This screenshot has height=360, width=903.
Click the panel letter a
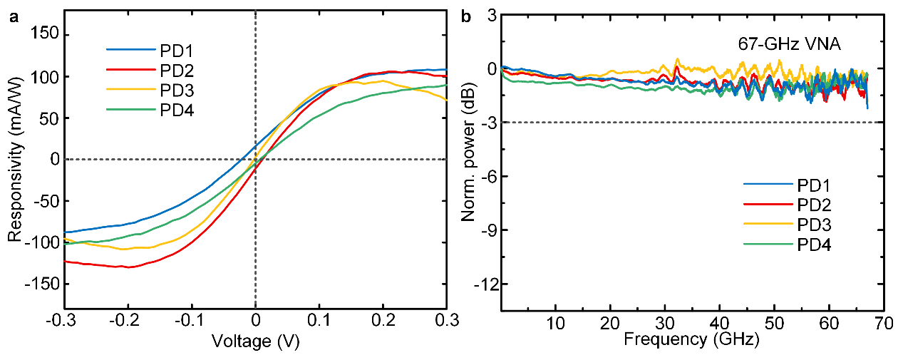point(14,19)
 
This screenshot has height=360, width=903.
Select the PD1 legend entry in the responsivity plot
point(175,51)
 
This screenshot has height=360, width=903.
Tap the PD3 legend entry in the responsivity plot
point(175,91)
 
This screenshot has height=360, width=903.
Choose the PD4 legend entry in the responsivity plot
point(175,110)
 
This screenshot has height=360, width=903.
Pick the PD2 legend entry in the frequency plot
point(812,205)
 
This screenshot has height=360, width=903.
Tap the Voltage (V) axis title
point(255,341)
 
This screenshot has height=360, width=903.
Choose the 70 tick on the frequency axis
point(884,322)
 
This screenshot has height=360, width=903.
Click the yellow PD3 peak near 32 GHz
point(677,60)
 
